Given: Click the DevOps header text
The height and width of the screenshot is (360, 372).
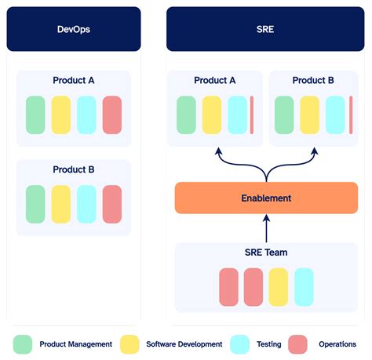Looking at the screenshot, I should tap(74, 30).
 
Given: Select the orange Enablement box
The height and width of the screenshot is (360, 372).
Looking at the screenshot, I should tap(266, 198).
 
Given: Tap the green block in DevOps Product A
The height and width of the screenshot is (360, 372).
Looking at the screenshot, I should tap(36, 115).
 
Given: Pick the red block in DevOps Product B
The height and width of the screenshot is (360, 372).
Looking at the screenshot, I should tap(112, 204).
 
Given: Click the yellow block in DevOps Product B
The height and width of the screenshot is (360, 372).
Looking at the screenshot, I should tap(61, 204).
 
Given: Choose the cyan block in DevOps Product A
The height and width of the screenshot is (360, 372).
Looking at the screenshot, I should tap(87, 115).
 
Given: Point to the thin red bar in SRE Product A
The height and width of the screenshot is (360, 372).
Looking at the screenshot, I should tap(252, 115).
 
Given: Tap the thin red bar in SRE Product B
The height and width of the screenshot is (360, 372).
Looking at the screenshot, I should tap(350, 115).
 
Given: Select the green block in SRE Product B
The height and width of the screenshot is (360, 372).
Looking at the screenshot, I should tap(284, 115).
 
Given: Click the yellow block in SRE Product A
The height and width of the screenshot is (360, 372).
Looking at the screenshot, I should tap(212, 115).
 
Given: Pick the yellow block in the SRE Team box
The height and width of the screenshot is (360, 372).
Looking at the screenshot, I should tap(279, 286).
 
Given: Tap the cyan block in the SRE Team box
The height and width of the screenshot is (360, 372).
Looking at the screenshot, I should tap(304, 286).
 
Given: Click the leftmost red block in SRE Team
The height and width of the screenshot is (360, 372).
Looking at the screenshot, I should tap(228, 286).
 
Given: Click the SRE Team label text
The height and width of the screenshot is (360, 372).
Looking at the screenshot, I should tap(266, 253).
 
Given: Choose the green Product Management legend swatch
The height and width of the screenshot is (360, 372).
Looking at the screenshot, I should tap(24, 344).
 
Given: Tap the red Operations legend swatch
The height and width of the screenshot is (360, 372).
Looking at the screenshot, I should tap(297, 344).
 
